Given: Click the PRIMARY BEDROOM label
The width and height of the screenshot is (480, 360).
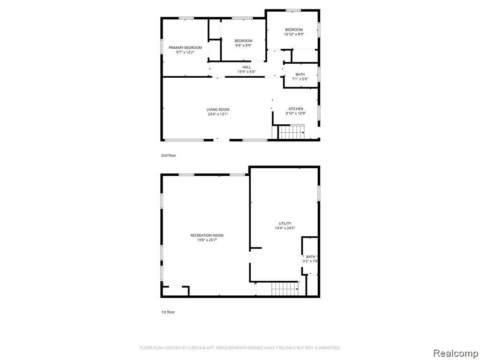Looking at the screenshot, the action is [185, 48].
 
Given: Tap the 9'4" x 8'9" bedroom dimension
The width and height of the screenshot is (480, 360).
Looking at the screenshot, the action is [243, 45].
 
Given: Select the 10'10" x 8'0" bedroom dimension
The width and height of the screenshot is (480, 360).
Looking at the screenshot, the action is [294, 34].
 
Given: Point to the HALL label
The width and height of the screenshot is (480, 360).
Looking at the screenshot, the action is [247, 67].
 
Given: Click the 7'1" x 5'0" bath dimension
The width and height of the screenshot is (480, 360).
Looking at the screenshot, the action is [300, 79].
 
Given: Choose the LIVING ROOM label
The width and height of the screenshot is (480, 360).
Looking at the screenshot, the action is [217, 110].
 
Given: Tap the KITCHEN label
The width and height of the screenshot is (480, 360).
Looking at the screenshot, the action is [296, 109].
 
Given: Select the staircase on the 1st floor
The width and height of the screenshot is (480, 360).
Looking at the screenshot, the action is [285, 289].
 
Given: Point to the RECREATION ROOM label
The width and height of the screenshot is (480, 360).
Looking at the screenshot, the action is [207, 235].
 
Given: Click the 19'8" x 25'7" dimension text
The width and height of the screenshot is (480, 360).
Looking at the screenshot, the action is [207, 240].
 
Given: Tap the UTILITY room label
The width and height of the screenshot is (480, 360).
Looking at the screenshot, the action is [285, 224].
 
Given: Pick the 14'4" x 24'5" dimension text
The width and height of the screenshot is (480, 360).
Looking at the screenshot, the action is [285, 228].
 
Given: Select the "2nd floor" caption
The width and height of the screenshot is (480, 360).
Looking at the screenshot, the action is [169, 156].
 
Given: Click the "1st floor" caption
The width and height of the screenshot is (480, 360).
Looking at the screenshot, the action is [168, 312].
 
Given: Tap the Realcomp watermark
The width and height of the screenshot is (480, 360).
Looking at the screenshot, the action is [456, 353].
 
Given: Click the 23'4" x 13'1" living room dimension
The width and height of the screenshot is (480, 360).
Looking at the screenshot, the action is [217, 114].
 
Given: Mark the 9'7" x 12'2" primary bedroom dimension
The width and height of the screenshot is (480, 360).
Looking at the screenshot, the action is [185, 52].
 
